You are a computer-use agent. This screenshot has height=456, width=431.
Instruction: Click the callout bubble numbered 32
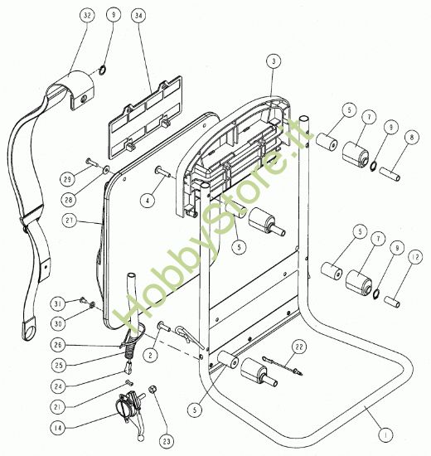pyautogui.click(x=87, y=16)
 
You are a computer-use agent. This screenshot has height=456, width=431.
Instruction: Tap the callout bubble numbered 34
pyautogui.click(x=138, y=16)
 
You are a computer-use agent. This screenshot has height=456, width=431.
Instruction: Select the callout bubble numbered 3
pyautogui.click(x=274, y=61)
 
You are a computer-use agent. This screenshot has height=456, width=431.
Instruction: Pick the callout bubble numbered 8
pyautogui.click(x=412, y=138)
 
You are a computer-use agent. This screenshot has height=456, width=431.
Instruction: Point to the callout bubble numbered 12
pyautogui.click(x=415, y=257)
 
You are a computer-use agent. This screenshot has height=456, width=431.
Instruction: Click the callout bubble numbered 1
pyautogui.click(x=386, y=435)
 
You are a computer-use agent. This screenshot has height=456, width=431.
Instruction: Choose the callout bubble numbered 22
pyautogui.click(x=299, y=347)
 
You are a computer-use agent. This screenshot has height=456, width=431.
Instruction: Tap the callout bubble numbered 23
pyautogui.click(x=167, y=441)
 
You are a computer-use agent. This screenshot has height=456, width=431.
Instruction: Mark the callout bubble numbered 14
pyautogui.click(x=58, y=428)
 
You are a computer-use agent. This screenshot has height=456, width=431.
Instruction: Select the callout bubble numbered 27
pyautogui.click(x=70, y=221)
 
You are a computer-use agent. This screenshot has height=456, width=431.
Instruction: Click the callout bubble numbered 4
pyautogui.click(x=148, y=200)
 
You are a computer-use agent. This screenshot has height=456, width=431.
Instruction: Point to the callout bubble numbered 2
pyautogui.click(x=150, y=355)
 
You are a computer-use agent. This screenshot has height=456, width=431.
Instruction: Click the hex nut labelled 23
pyautogui.click(x=153, y=389)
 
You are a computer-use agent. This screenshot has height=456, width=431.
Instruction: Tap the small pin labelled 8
pyautogui.click(x=390, y=173)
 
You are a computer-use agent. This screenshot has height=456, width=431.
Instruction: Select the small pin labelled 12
pyautogui.click(x=392, y=301)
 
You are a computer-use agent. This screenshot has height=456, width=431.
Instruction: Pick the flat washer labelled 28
pyautogui.click(x=106, y=169)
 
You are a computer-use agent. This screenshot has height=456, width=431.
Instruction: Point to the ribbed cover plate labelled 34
pyautogui.click(x=145, y=118)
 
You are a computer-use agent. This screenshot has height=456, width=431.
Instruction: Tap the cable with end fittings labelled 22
pyautogui.click(x=283, y=366)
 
